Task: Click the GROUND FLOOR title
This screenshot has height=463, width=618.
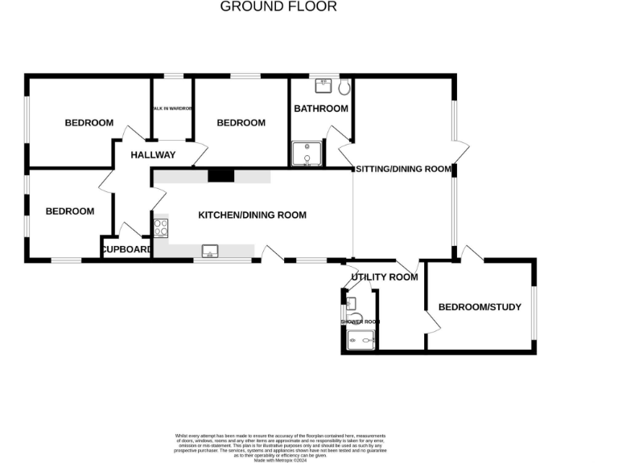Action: click(278, 6)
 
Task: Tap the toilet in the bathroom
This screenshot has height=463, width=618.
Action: click(345, 86)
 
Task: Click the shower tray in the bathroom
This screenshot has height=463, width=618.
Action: click(306, 154)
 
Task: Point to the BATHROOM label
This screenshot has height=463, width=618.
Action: click(320, 109)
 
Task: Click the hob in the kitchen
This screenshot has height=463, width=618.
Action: click(160, 227)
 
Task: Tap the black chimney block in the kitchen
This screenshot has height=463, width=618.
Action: click(219, 176)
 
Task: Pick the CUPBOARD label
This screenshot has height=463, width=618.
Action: click(126, 250)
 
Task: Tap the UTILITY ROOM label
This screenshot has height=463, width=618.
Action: click(385, 277)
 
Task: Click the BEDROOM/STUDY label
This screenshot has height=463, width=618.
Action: click(480, 307)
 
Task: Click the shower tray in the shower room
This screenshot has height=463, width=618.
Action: click(361, 341)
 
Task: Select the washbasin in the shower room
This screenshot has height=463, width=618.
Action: click(350, 303)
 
